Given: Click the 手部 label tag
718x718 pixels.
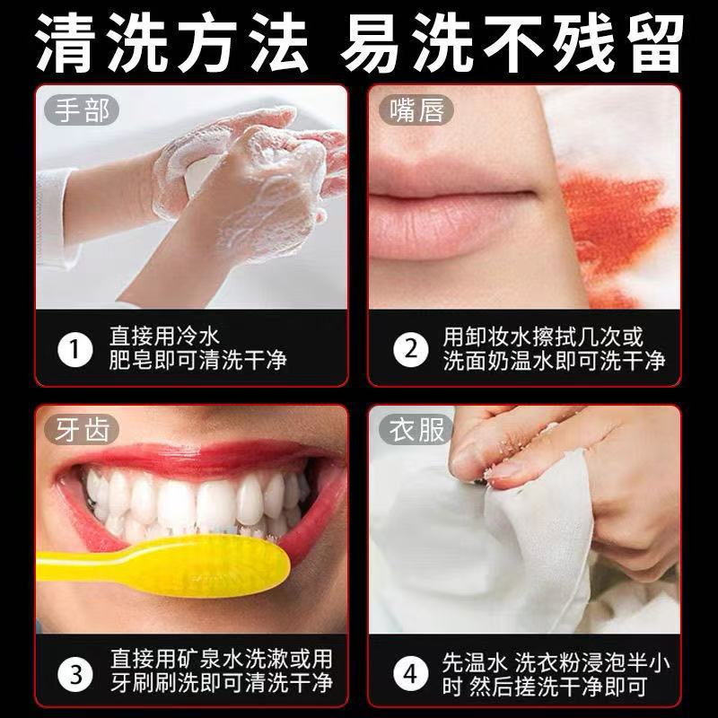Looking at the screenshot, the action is coord(82,110).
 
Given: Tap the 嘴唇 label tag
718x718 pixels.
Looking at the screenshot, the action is coord(416,110).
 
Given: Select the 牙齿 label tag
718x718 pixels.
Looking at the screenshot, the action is coord(82,430).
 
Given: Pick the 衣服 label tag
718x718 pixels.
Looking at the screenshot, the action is coord(416,430).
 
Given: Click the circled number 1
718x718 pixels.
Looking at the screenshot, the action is coord(75,350).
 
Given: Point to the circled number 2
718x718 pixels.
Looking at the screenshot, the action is coord(411,350).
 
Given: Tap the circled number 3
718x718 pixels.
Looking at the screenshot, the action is coord(75,674).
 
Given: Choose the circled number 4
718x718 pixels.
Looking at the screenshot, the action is coord(411,674).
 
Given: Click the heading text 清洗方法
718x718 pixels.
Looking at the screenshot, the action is coord(171,42).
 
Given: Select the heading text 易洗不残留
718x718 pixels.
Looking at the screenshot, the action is coord(512,42).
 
